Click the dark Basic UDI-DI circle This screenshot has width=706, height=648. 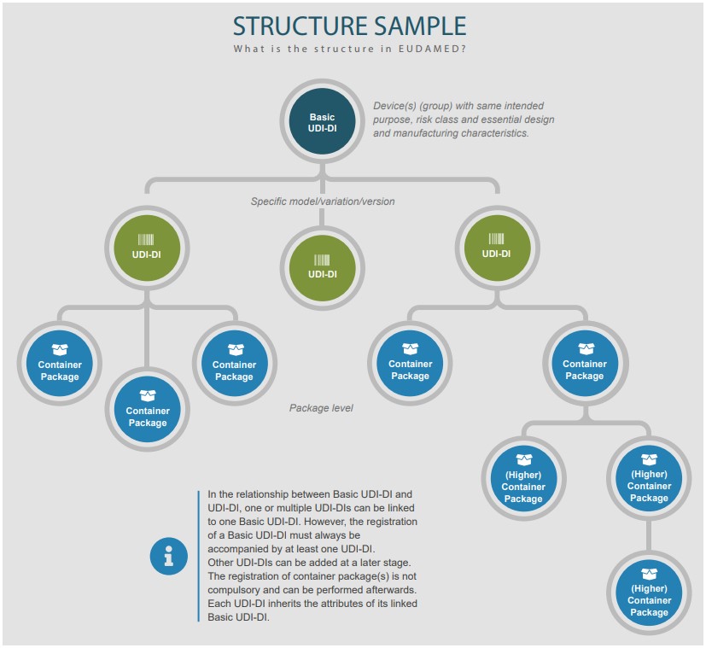click(322, 122)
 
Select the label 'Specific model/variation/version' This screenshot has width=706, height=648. click(323, 201)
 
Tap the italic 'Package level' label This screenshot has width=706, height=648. click(321, 408)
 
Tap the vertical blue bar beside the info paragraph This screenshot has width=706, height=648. click(198, 557)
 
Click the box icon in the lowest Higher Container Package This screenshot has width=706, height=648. click(649, 575)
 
